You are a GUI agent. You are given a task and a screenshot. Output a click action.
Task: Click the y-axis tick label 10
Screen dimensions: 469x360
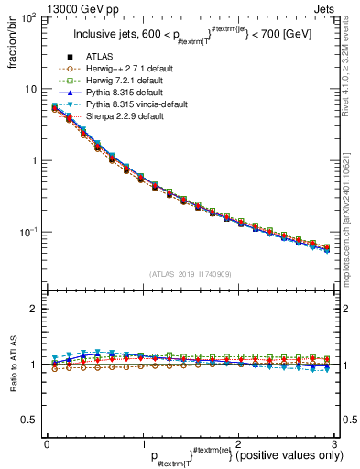click(31, 90)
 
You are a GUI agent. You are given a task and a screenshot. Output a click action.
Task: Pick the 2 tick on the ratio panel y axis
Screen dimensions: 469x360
click(34, 309)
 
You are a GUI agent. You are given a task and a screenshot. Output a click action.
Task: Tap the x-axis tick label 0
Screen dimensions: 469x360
click(47, 443)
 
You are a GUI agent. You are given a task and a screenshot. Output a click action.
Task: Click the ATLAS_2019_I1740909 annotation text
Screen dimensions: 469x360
click(191, 274)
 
